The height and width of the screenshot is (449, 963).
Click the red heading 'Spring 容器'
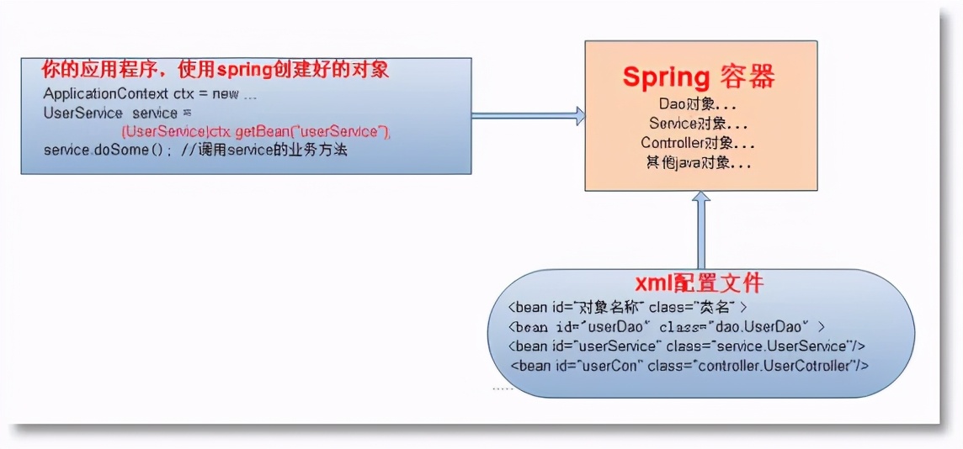pyautogui.click(x=699, y=77)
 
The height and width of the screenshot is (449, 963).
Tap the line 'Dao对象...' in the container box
pyautogui.click(x=699, y=104)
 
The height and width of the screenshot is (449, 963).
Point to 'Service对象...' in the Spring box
pyautogui.click(x=699, y=124)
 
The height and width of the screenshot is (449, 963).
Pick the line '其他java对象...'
pyautogui.click(x=699, y=164)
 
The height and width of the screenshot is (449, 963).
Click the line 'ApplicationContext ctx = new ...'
pyautogui.click(x=150, y=94)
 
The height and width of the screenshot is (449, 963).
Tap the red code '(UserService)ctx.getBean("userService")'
pyautogui.click(x=256, y=132)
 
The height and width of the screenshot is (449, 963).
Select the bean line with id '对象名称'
pyautogui.click(x=627, y=308)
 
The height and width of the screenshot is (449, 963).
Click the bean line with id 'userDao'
pyautogui.click(x=668, y=327)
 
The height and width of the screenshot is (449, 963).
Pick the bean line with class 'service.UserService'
pyautogui.click(x=688, y=346)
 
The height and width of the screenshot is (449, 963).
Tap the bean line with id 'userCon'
pyautogui.click(x=689, y=366)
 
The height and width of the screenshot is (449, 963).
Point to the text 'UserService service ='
pyautogui.click(x=118, y=113)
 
